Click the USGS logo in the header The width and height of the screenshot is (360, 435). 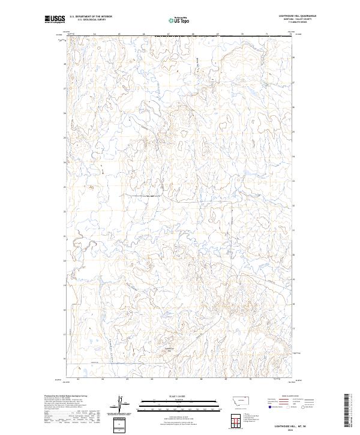(55, 20)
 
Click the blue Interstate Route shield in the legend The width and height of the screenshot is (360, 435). (268, 406)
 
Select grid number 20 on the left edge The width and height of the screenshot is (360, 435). (65, 260)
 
